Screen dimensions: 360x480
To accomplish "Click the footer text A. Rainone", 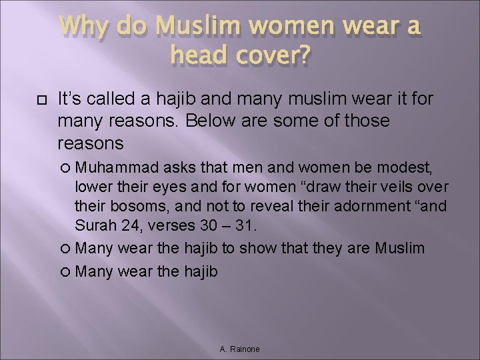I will pos(239,349).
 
